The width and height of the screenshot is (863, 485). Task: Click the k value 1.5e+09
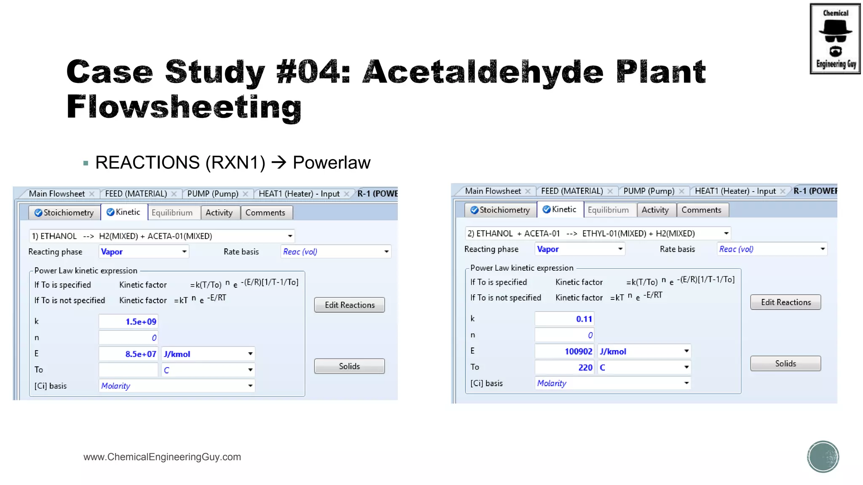(129, 322)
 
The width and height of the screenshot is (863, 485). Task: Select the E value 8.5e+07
(129, 354)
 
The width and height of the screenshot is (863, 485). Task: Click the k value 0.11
(565, 319)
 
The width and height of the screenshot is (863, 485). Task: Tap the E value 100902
(565, 352)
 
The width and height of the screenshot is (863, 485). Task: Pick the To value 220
(565, 368)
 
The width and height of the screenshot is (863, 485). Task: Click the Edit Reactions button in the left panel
(349, 305)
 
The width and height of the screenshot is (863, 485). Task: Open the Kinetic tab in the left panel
(124, 212)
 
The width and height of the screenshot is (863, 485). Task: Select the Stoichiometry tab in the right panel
(501, 210)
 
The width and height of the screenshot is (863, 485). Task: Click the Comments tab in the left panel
(265, 213)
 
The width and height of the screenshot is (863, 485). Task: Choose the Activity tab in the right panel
(655, 210)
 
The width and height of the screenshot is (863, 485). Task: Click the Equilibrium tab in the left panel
(172, 213)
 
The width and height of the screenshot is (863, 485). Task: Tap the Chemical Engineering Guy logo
(835, 39)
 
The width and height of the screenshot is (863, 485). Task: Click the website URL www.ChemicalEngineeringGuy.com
(162, 457)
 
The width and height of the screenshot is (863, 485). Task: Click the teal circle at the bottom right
(823, 457)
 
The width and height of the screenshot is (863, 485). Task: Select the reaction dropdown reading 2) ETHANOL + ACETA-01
(598, 234)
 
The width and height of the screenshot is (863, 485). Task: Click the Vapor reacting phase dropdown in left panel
(144, 252)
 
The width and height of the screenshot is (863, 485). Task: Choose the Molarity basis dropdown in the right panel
(613, 383)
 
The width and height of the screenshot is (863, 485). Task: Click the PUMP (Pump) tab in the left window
(213, 194)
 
